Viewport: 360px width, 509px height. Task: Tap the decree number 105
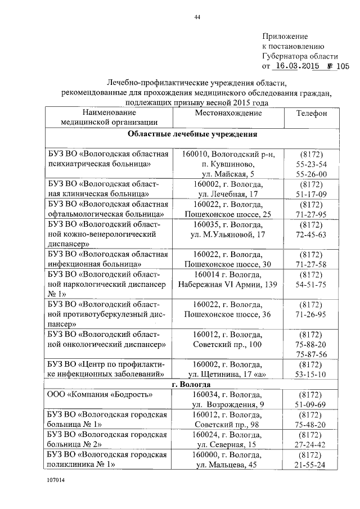point(343,66)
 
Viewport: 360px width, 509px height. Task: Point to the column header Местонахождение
point(228,113)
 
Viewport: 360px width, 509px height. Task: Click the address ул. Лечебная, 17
point(228,194)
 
